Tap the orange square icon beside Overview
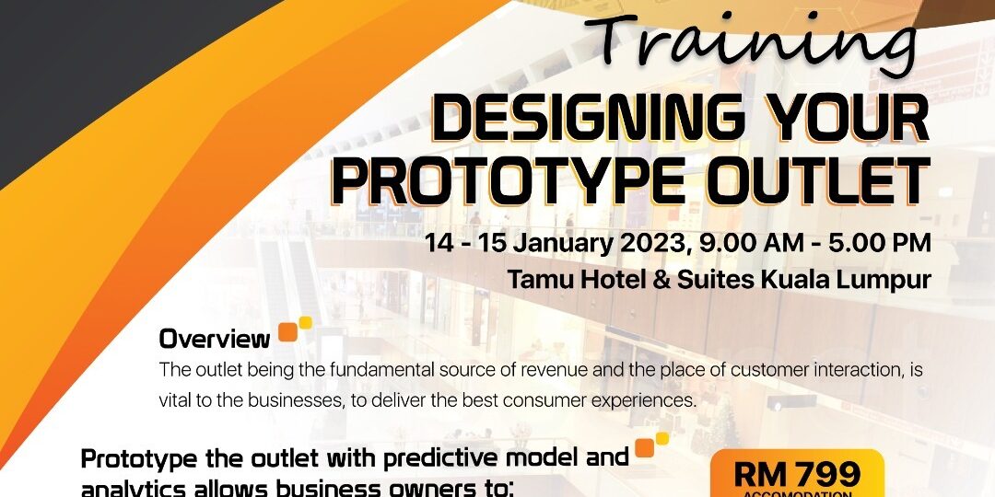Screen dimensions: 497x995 pos(288,332)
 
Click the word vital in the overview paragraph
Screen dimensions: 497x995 pos(175,401)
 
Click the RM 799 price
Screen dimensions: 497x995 pos(798,474)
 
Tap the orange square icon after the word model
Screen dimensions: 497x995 pos(644,448)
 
